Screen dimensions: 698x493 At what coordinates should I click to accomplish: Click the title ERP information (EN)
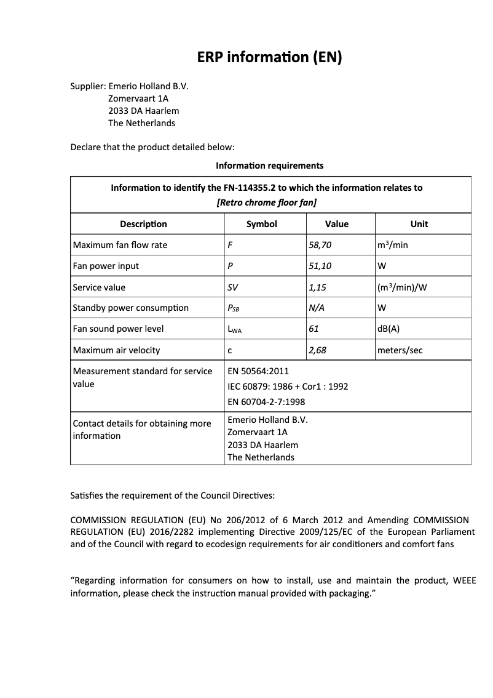click(269, 57)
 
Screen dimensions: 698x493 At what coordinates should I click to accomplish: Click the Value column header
click(336, 224)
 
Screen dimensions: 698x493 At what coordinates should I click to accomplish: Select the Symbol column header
click(262, 224)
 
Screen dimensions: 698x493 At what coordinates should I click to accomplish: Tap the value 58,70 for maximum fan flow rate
click(320, 245)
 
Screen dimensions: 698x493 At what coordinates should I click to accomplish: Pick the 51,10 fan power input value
click(320, 266)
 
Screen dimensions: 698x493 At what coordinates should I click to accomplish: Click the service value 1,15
click(317, 287)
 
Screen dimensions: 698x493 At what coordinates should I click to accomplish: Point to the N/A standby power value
click(317, 308)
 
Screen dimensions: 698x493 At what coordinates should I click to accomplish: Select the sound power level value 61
click(314, 329)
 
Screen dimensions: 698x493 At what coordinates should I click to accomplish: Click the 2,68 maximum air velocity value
click(317, 350)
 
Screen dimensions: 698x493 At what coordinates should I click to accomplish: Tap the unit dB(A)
click(388, 329)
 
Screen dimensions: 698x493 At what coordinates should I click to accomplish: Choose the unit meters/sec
click(400, 350)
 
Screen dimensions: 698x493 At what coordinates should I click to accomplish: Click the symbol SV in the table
click(233, 287)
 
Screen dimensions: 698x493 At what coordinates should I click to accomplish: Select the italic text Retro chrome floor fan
click(267, 202)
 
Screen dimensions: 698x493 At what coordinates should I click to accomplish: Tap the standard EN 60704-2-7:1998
click(266, 402)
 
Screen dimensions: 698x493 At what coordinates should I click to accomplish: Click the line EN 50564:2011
click(258, 371)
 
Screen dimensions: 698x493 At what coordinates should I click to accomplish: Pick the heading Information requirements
click(269, 166)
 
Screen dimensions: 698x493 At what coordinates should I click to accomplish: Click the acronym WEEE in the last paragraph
click(464, 580)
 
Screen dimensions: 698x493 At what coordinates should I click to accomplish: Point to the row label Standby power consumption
click(130, 308)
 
